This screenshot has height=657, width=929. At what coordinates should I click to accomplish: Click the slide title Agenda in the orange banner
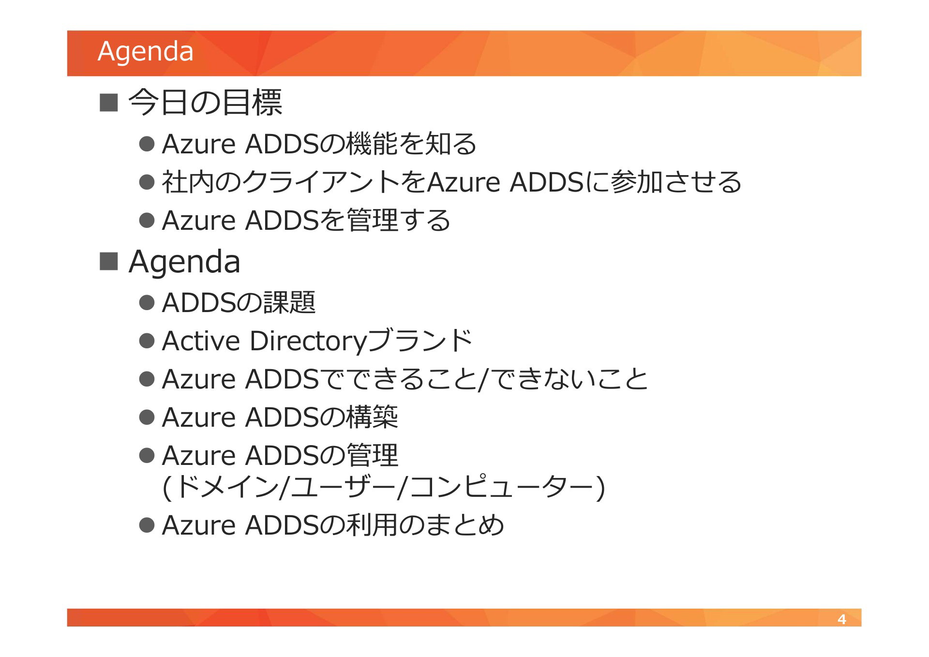[145, 52]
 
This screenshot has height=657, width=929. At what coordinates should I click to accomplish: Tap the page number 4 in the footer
[841, 619]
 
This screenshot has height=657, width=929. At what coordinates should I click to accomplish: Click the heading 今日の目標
[205, 102]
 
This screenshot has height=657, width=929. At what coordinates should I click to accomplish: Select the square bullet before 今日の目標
[108, 102]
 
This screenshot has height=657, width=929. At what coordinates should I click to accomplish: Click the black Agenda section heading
[184, 262]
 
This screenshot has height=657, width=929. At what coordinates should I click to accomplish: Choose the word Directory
[309, 341]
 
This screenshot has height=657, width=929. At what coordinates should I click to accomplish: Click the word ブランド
[420, 340]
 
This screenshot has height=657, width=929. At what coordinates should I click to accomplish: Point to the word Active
[201, 341]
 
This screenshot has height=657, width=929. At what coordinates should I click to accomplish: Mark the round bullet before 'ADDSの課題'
[146, 302]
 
